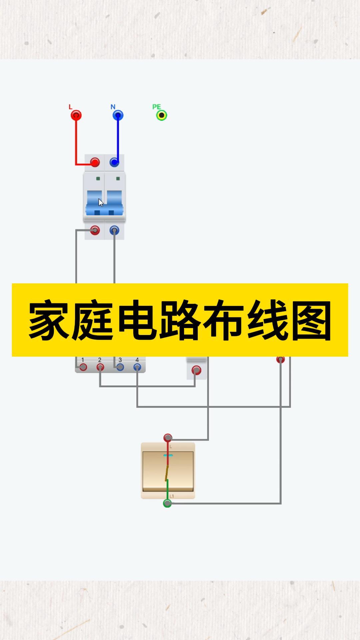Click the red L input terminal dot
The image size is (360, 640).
pos(76,115)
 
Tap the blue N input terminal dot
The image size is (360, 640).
pos(118,115)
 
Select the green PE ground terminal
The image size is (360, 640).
pos(162,115)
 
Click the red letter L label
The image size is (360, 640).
pos(70,107)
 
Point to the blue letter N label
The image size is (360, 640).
pos(113,107)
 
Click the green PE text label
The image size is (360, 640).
pos(156,107)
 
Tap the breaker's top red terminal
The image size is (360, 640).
pos(95,162)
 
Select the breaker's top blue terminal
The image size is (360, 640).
pos(114,162)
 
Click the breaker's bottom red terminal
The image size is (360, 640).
pos(95,230)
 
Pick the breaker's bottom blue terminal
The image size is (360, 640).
pos(114,230)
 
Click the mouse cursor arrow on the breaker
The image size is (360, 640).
pos(101,203)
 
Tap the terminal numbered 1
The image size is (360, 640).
pos(83,367)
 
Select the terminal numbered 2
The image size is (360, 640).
pos(100,367)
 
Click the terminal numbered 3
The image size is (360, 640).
pos(120,367)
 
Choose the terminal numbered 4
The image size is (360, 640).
pos(137,367)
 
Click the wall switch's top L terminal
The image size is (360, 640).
pos(168,437)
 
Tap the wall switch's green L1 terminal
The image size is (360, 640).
pos(167,503)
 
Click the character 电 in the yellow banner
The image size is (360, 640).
pos(137,320)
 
